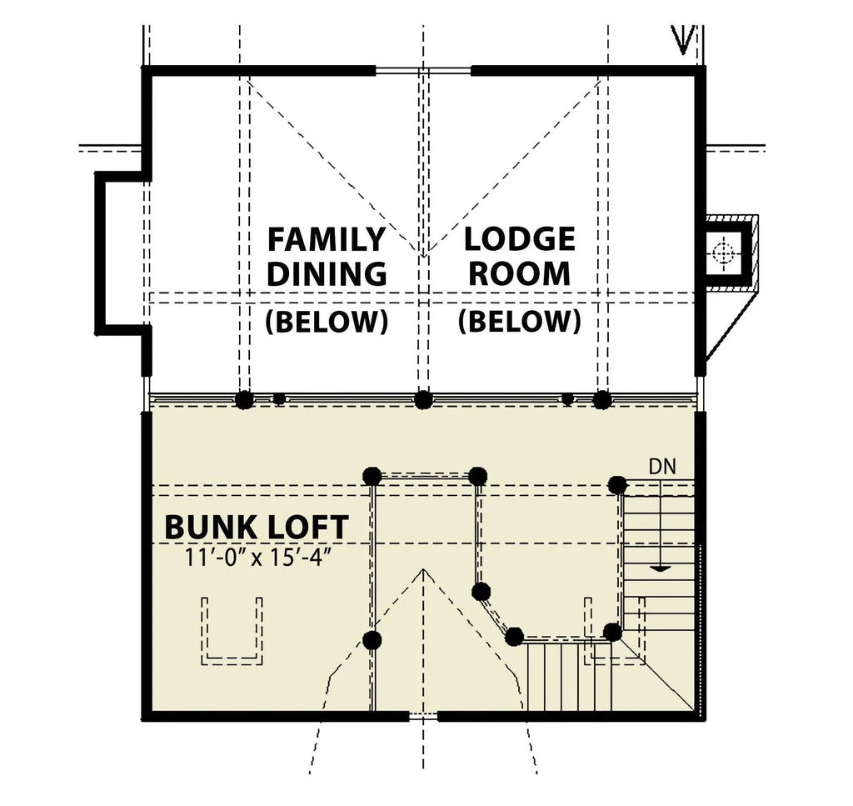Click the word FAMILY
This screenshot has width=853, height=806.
click(326, 239)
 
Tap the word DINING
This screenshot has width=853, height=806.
click(326, 273)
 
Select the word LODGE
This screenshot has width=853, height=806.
click(519, 239)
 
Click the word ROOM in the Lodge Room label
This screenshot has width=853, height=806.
click(519, 273)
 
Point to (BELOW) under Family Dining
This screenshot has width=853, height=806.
click(326, 322)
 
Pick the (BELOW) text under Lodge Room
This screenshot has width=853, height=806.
click(519, 322)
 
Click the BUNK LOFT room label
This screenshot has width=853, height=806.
click(256, 527)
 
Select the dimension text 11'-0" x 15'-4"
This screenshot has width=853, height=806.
click(260, 556)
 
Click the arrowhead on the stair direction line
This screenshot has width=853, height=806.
click(659, 568)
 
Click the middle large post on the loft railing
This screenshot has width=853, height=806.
click(423, 399)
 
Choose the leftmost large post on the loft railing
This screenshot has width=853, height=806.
click(243, 399)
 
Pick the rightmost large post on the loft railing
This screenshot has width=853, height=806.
click(601, 399)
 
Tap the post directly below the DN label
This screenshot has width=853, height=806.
click(617, 484)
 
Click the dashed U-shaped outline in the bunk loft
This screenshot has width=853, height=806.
click(233, 633)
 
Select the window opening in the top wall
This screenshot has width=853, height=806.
click(423, 71)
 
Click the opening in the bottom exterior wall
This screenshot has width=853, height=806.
click(423, 715)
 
